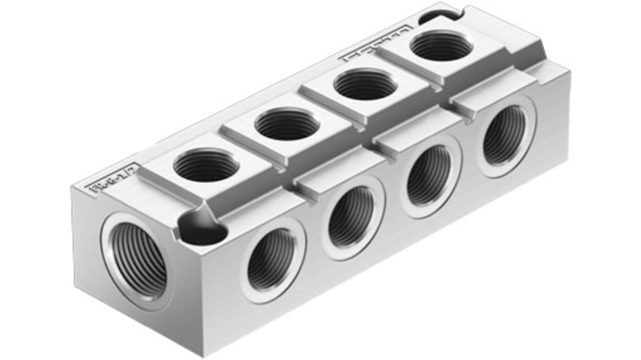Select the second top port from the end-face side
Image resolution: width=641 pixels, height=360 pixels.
287,124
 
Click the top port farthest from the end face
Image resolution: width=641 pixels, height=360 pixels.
441,46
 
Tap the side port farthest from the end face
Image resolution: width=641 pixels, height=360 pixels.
504,135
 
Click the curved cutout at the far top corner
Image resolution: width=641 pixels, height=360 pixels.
438,17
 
